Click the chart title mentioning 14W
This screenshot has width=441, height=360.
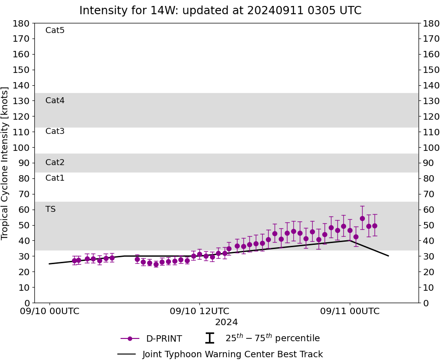(220, 11)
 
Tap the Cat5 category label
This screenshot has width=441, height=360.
(55, 31)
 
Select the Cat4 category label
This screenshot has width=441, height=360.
(55, 100)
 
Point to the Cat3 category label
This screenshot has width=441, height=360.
(55, 132)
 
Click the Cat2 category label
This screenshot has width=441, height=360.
(55, 163)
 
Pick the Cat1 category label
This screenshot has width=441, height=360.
(55, 178)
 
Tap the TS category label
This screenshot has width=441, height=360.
(50, 210)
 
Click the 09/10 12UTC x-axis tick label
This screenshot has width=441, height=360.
(199, 311)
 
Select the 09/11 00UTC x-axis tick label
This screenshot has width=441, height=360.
(350, 311)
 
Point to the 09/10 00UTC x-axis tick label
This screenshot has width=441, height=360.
(50, 311)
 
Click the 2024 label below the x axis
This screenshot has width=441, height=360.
(226, 322)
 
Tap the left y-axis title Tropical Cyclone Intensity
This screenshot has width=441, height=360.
(6, 163)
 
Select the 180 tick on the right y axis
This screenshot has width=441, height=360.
(430, 23)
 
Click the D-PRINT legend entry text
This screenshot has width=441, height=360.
(164, 339)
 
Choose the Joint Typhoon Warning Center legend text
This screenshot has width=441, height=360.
(232, 354)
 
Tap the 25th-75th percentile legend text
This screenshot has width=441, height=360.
(272, 338)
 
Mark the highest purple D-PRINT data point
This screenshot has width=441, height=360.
(362, 218)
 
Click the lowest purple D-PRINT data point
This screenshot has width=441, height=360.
(156, 264)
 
